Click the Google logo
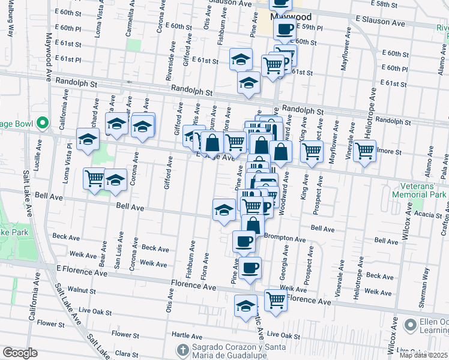[20, 353]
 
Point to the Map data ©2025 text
[424, 355]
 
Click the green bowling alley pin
[42, 124]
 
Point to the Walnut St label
[82, 290]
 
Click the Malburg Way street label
[10, 24]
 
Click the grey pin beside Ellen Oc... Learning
[411, 325]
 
